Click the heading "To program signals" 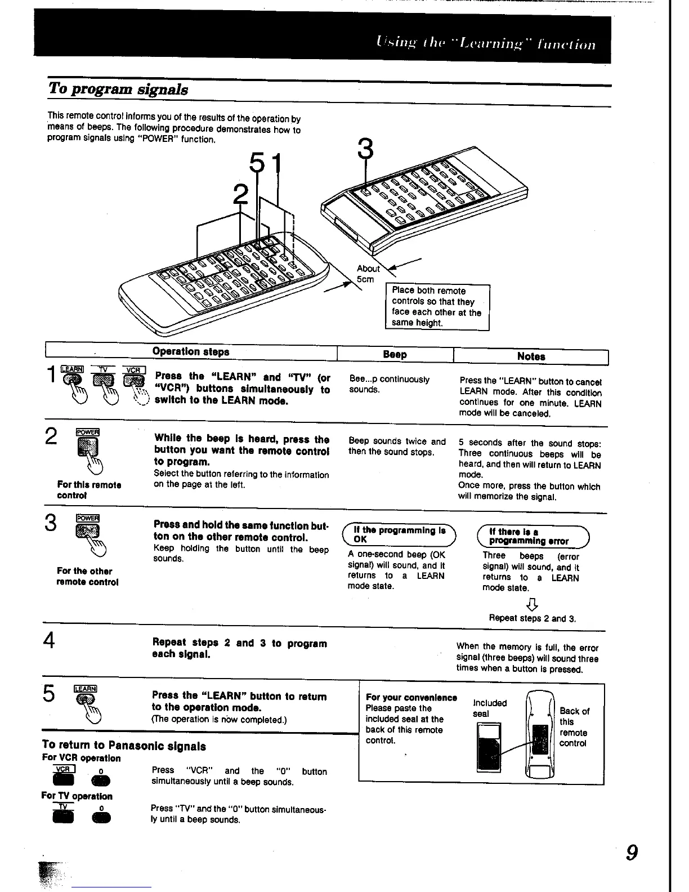pos(118,89)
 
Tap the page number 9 pos(632,853)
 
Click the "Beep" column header pos(395,354)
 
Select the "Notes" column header pos(531,356)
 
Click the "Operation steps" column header pos(191,351)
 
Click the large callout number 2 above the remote pos(240,195)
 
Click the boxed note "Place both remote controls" pos(437,306)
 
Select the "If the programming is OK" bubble pos(399,535)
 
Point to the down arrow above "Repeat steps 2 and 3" pos(532,605)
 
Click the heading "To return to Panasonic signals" pos(124,746)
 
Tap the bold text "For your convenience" pos(411,698)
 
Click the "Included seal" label pos(490,708)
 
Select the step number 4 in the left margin pos(50,641)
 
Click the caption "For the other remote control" pos(87,577)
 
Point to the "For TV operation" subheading pos(77,796)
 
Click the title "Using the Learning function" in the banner pos(485,44)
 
